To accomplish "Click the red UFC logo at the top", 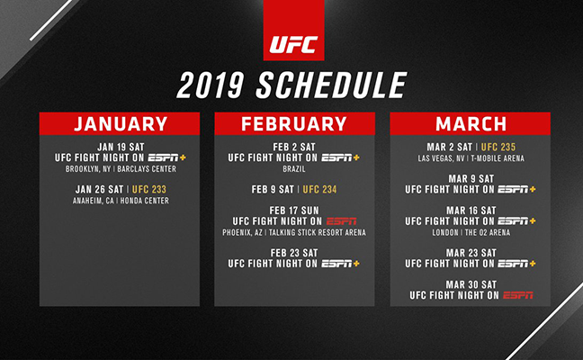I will coord(292,41).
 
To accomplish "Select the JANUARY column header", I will coord(120,124).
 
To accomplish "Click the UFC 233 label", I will coord(157,189).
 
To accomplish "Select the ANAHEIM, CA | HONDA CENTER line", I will coord(120,201).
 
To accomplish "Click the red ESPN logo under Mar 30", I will coord(517,295).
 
